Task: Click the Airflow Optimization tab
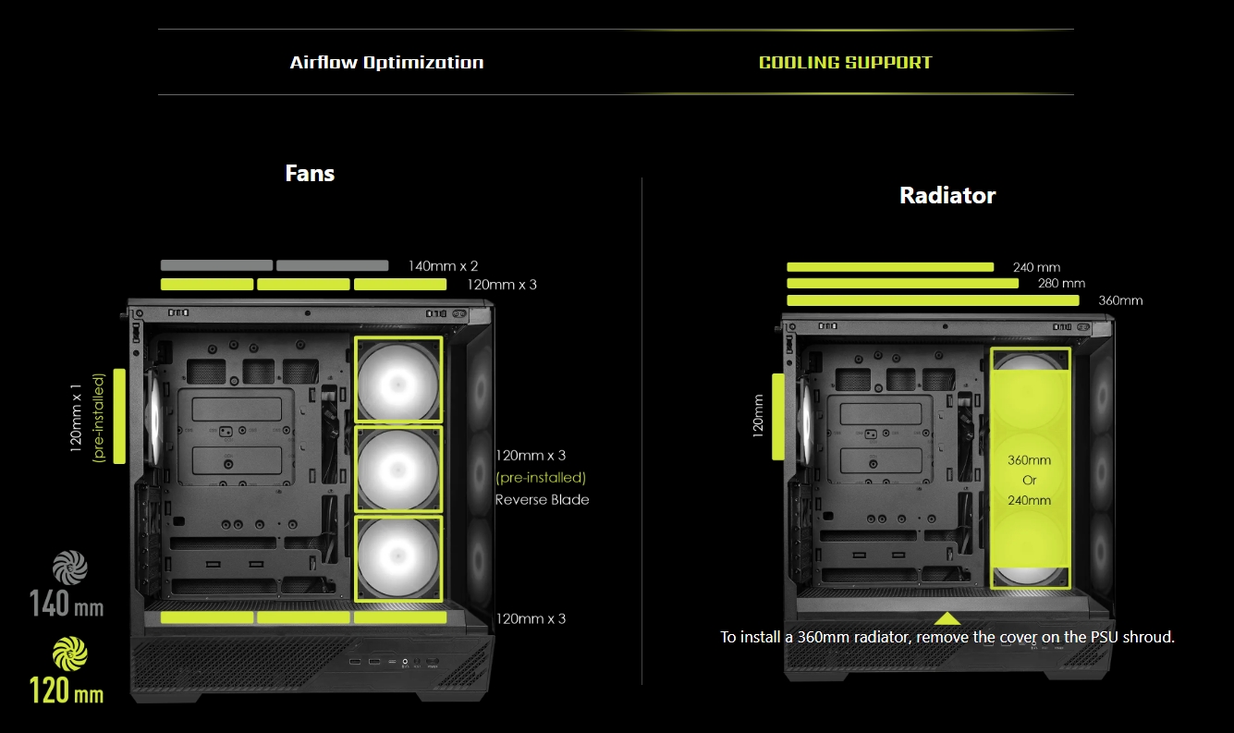coord(386,62)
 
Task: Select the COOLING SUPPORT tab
coord(845,62)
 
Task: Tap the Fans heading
coord(310,173)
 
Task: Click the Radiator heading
coord(947,195)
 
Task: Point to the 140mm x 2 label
coord(443,266)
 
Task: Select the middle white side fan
coord(397,470)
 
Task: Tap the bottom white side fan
coord(397,558)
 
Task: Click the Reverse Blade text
coord(542,499)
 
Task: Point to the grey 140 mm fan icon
coord(70,568)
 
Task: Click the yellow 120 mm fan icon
coord(70,654)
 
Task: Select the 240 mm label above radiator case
coord(1036,267)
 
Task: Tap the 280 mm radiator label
coord(1061,283)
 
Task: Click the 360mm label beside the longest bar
coord(1120,300)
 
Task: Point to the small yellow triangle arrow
coord(947,618)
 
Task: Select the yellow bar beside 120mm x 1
coord(119,416)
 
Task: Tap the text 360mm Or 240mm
coord(1029,481)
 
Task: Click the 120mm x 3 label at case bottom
coord(531,618)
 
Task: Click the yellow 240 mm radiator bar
coord(890,267)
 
